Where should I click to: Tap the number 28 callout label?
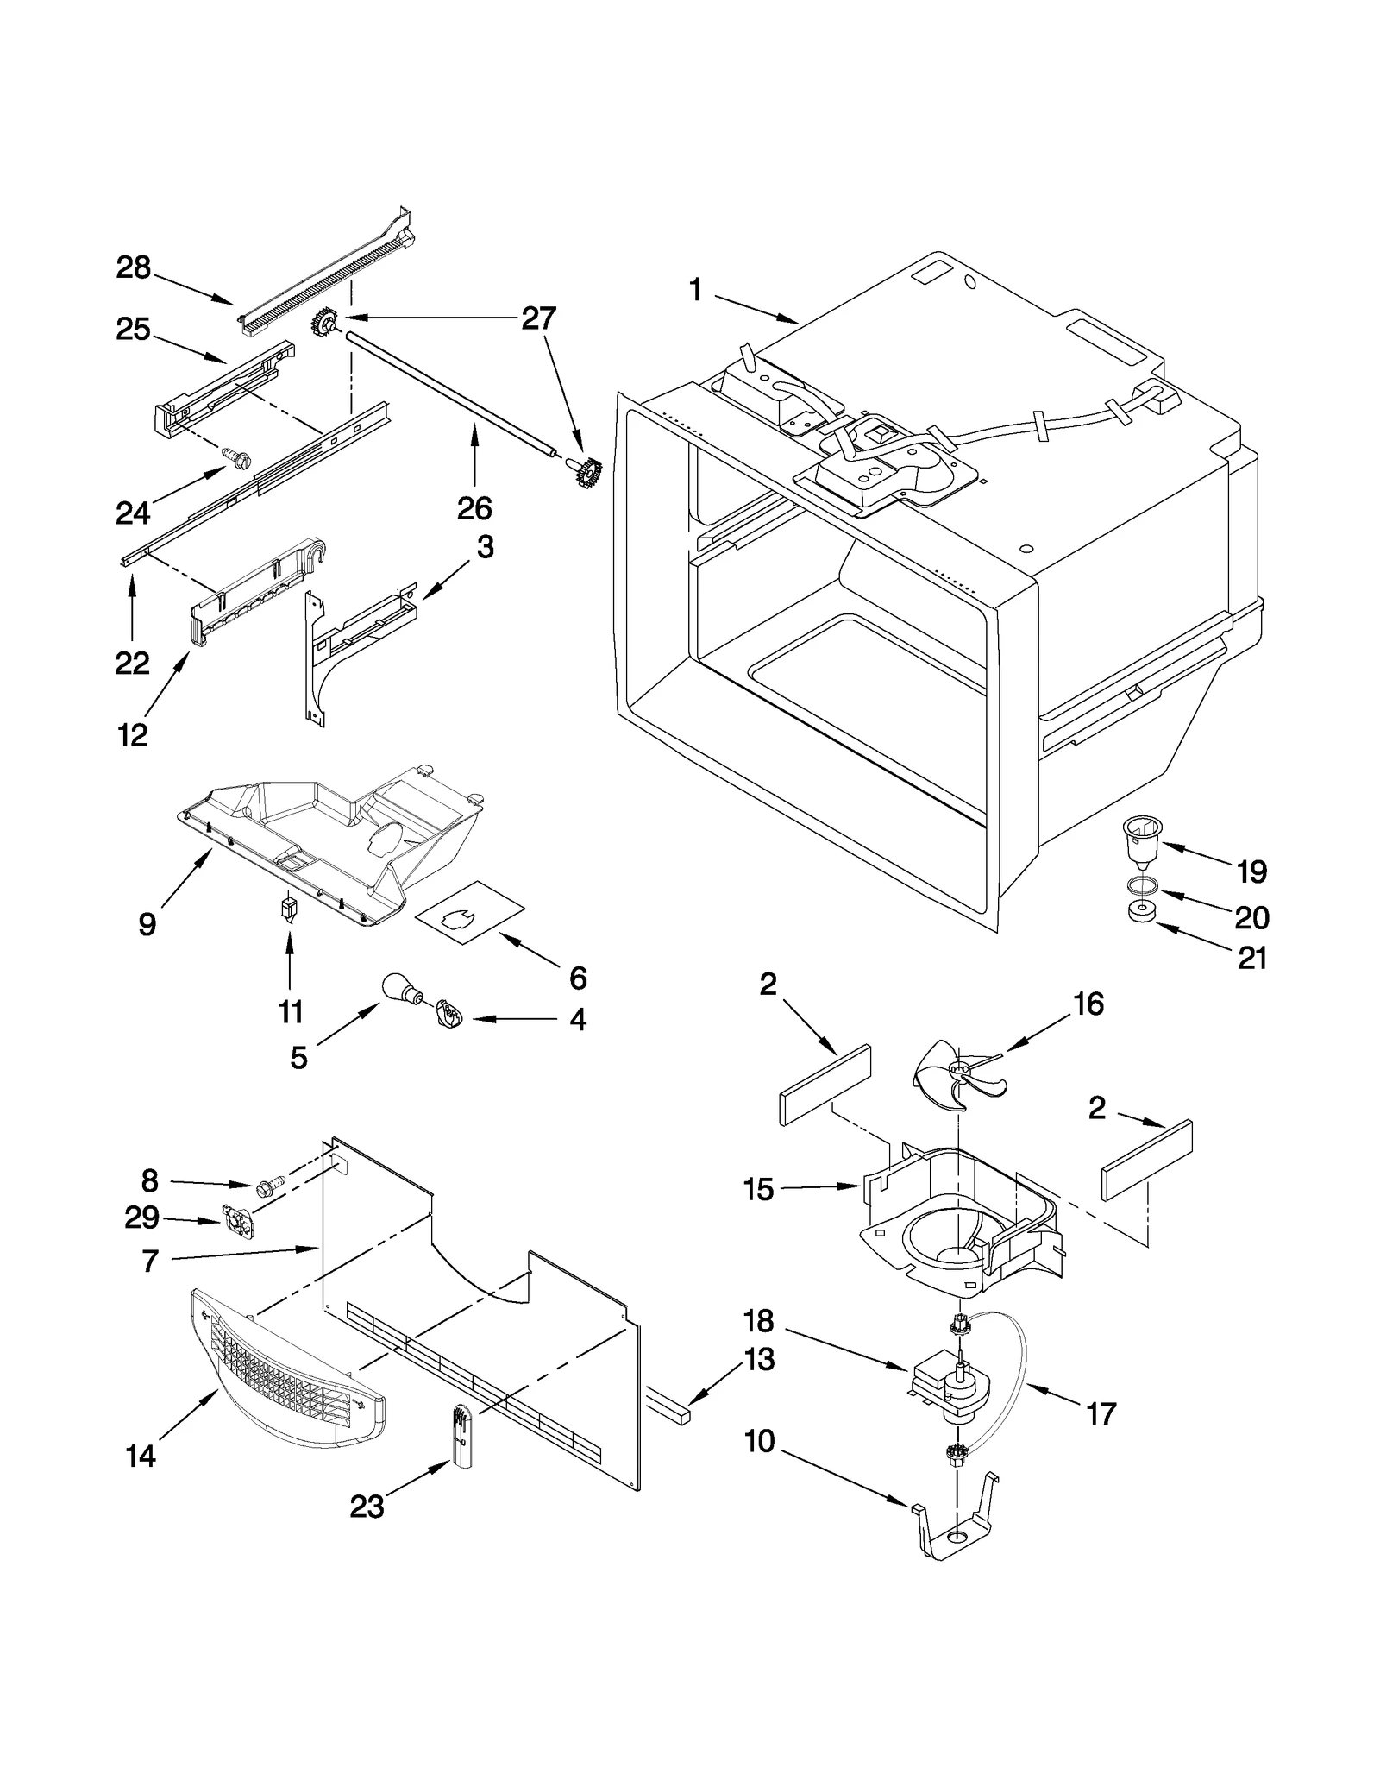pyautogui.click(x=134, y=267)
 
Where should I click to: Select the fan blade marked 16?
pyautogui.click(x=957, y=1074)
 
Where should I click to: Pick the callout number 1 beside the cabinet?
pyautogui.click(x=695, y=290)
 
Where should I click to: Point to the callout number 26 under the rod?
pyautogui.click(x=474, y=507)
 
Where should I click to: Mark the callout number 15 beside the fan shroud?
pyautogui.click(x=759, y=1189)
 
